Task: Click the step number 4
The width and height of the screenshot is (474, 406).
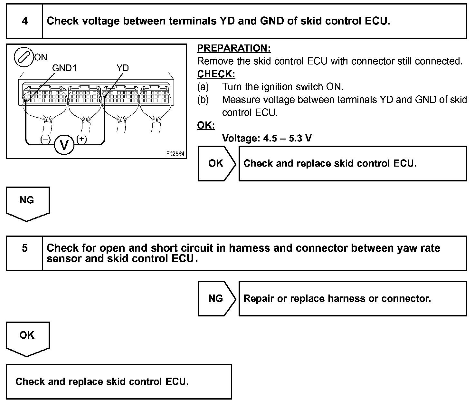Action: [24, 21]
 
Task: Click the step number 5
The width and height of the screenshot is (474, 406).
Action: [24, 248]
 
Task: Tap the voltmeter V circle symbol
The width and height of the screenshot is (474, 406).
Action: [64, 145]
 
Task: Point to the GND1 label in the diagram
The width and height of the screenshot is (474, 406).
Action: [64, 68]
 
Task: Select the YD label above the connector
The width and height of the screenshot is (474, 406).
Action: [122, 68]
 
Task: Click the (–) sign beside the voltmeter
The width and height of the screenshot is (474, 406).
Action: [45, 139]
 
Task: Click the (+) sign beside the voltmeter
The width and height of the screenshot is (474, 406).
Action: [81, 139]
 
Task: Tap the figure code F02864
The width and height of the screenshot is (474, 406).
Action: [175, 154]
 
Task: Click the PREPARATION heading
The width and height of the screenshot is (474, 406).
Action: [234, 48]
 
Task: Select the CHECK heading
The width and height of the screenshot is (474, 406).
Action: [216, 74]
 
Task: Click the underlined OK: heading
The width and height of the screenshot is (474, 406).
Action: [206, 125]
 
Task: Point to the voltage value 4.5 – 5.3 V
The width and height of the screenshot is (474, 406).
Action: [287, 138]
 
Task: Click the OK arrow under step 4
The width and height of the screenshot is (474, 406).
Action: [216, 163]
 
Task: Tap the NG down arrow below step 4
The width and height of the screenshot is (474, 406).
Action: [27, 202]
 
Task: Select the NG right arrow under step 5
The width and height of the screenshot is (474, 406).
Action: [216, 298]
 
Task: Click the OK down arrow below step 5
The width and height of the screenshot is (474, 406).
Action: [27, 337]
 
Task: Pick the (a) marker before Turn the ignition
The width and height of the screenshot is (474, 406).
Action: [203, 87]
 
